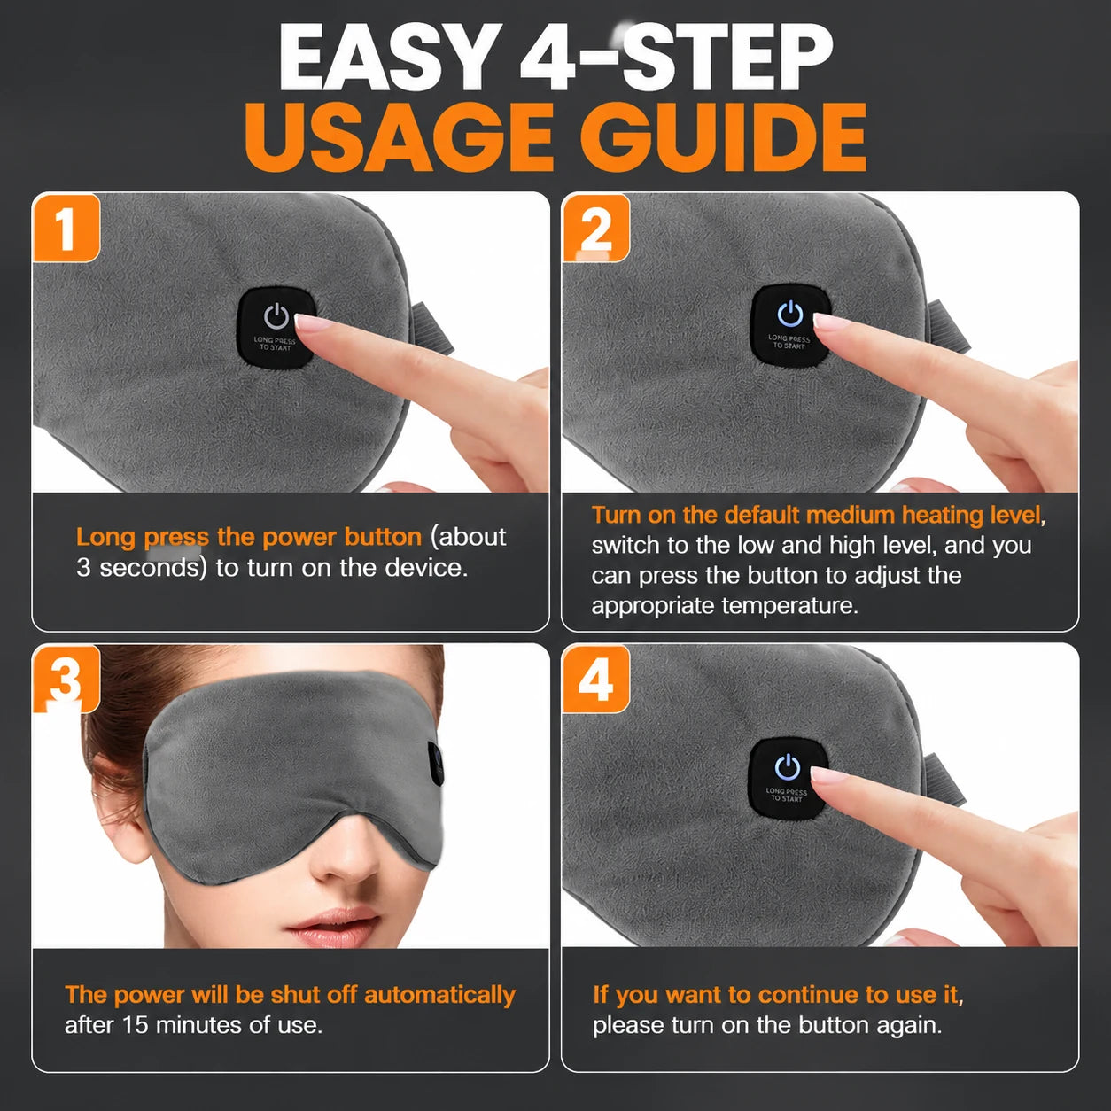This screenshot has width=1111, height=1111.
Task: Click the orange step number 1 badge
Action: click(x=66, y=229)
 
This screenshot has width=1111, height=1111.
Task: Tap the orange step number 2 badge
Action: click(x=595, y=229)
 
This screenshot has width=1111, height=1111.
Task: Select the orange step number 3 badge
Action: click(x=66, y=680)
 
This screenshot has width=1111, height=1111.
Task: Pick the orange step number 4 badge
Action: click(x=595, y=680)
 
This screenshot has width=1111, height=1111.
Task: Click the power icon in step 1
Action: click(x=276, y=316)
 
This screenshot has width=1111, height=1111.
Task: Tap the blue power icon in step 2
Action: click(x=790, y=313)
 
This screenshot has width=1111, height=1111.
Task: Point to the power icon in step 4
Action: click(x=788, y=767)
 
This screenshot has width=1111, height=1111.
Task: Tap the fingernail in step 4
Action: click(x=827, y=773)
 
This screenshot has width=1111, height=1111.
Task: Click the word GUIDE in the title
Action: click(x=722, y=137)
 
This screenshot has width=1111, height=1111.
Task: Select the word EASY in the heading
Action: click(x=390, y=57)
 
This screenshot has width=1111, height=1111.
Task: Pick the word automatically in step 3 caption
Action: click(x=439, y=995)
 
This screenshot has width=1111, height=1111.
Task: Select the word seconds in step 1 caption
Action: click(x=152, y=568)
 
